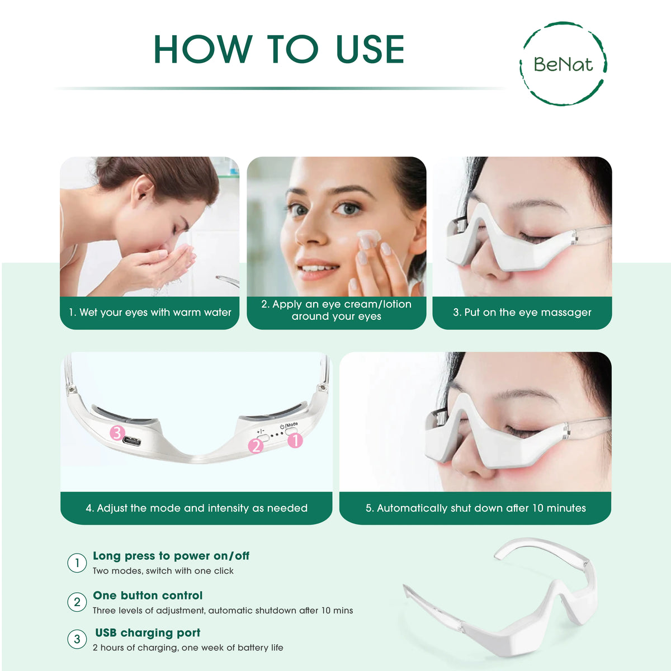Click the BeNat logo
tap(563, 64)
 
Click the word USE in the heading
tap(370, 50)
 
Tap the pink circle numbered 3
tap(117, 432)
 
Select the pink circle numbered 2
tap(256, 446)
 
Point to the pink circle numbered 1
tap(295, 440)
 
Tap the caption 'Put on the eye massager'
tap(522, 313)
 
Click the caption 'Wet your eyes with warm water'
tap(150, 313)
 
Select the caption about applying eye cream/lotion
tap(336, 310)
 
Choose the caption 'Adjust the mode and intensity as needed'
tap(196, 508)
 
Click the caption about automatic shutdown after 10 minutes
tap(475, 508)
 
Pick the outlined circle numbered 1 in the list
tap(77, 563)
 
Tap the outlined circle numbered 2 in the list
tap(77, 602)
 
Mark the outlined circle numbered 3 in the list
tap(77, 639)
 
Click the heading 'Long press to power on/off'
tap(171, 556)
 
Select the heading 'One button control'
tap(148, 596)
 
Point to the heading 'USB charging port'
tap(148, 633)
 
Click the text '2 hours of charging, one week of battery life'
tap(188, 648)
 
